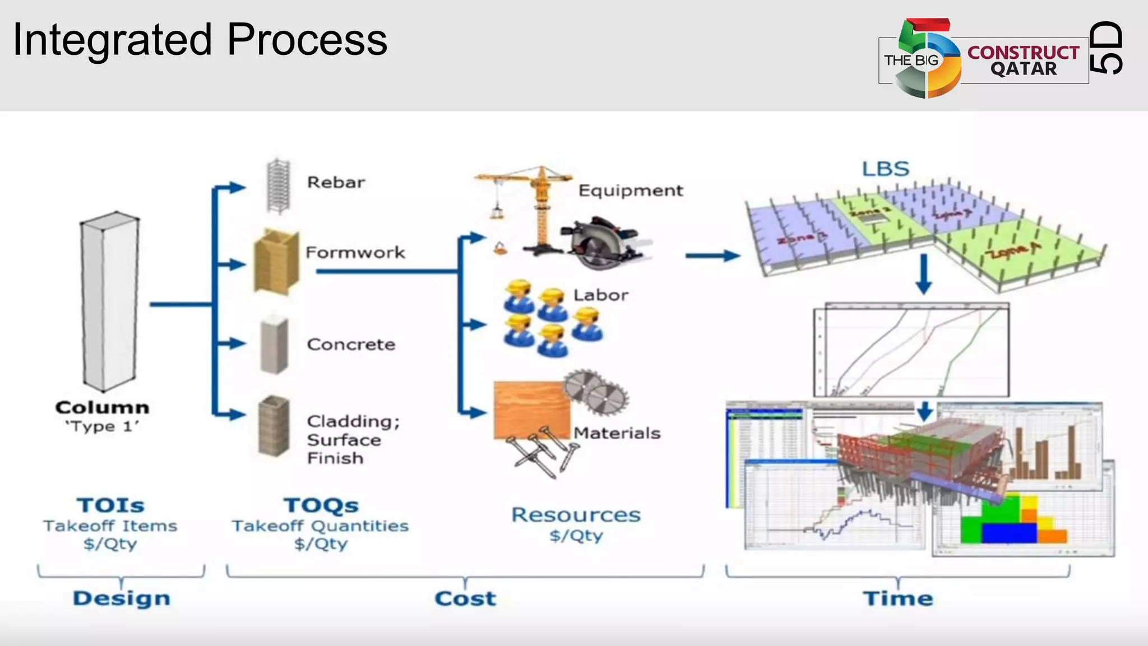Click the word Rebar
(336, 183)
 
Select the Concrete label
(351, 344)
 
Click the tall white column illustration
(110, 303)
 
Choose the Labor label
(600, 295)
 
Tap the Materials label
(617, 433)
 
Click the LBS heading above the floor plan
(885, 169)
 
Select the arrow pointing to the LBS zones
(712, 256)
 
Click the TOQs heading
(321, 505)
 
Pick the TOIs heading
(110, 505)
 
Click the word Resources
(576, 515)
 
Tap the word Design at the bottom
(122, 598)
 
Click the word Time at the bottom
(897, 598)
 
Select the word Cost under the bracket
(465, 598)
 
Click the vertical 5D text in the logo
(1107, 48)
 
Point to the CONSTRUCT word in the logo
(1023, 52)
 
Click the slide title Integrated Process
(200, 40)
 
